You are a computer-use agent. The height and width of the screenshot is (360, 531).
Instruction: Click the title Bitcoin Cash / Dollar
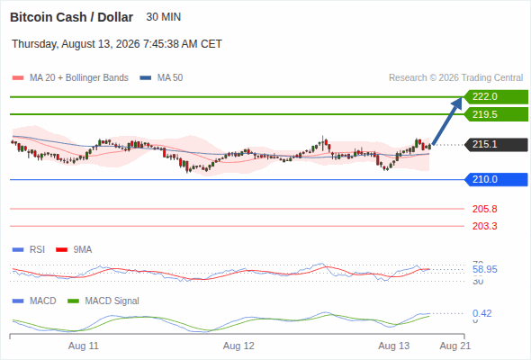71,17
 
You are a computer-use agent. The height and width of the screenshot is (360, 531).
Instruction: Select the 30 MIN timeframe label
163,17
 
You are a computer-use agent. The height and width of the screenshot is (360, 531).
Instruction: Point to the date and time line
117,44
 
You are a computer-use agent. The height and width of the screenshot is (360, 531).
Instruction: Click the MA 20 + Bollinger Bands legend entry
70,78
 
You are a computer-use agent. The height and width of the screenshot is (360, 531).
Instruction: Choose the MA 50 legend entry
161,78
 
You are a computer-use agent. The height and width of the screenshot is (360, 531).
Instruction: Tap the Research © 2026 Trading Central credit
455,78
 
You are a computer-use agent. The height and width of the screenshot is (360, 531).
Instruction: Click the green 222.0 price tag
496,97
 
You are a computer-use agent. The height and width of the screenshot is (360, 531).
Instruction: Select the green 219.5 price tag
496,114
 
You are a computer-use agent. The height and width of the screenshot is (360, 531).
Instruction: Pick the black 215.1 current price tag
496,145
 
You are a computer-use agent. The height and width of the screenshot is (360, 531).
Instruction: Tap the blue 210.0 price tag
496,179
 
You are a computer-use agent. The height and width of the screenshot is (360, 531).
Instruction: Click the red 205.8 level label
484,209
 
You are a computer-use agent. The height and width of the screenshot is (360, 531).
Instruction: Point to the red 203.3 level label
484,226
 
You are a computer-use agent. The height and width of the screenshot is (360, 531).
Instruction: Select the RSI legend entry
29,249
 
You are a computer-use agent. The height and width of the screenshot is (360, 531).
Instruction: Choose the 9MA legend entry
74,249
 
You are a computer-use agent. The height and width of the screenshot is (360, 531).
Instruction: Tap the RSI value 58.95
485,270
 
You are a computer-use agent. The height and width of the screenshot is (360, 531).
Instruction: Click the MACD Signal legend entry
103,301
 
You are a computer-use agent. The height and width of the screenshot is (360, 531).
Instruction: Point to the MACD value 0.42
482,313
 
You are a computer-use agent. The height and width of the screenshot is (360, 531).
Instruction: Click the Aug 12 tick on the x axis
238,346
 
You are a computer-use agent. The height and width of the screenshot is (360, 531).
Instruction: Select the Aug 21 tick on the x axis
455,346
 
